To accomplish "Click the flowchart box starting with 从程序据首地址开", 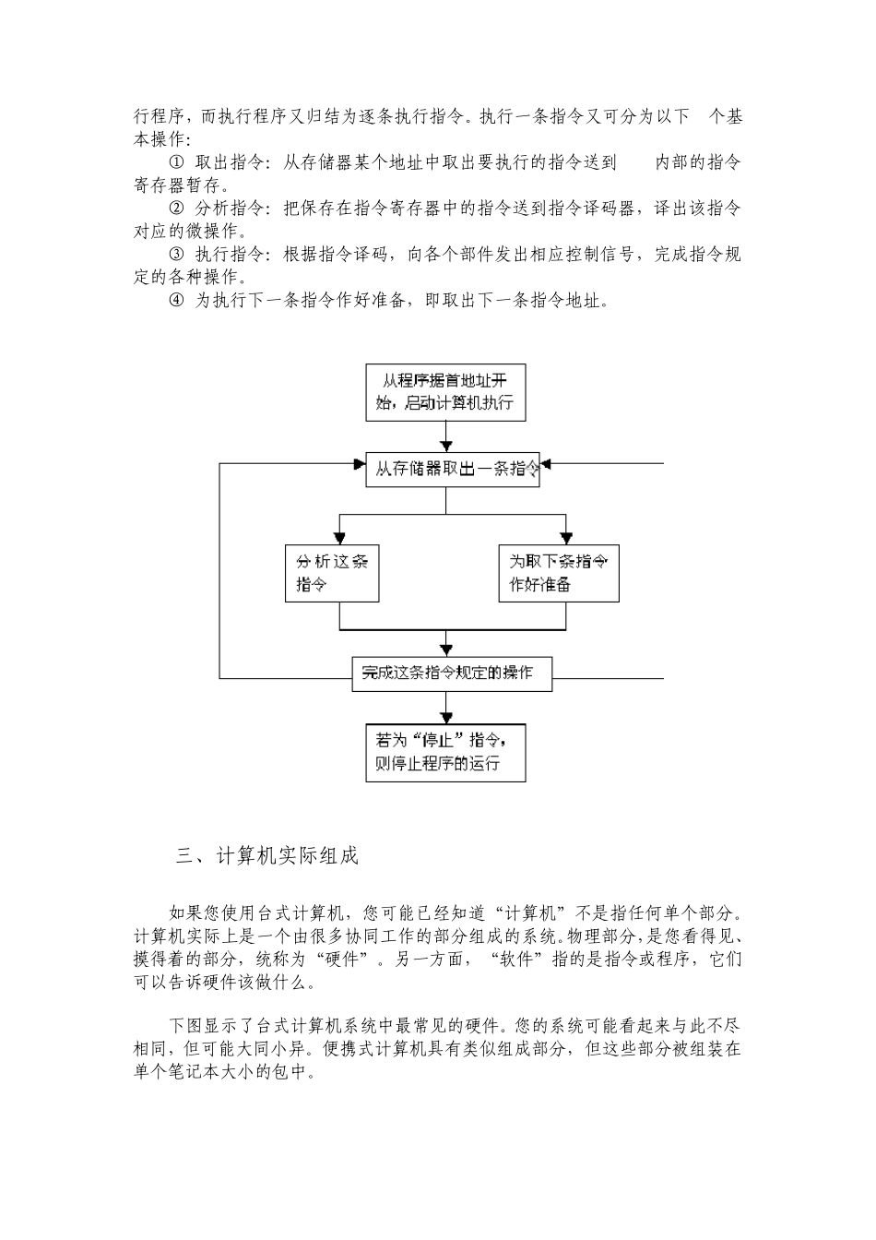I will click(445, 392).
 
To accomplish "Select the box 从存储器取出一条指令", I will click(452, 469).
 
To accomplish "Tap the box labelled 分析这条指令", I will click(332, 573).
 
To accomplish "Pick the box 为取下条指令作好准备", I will click(559, 573).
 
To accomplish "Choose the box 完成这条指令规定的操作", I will click(452, 674).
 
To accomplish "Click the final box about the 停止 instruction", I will click(445, 751).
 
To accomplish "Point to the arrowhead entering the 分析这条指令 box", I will click(340, 536).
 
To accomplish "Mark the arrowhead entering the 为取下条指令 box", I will click(564, 536).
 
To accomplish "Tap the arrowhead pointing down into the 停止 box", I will click(447, 714).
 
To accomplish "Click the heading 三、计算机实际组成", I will click(266, 855).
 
